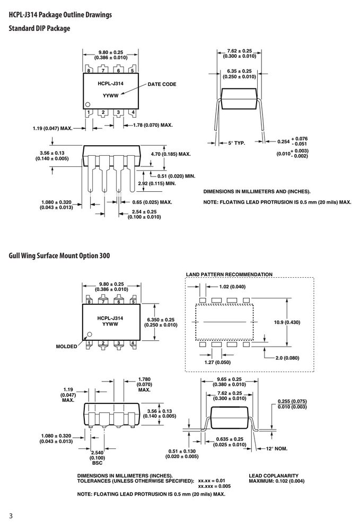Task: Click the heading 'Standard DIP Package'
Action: coord(40,29)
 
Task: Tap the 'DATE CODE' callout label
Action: coord(162,84)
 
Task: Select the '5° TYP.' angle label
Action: coord(236,143)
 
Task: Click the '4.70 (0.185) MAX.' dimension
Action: coord(171,154)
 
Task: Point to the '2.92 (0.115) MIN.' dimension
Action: coord(157,183)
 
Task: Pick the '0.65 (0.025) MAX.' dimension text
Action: coord(152,202)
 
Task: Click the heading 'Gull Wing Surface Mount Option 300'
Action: coord(59,255)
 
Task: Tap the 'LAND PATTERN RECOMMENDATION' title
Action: coord(229,275)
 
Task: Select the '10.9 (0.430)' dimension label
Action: coord(287,322)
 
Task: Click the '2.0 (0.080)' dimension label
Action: coord(287,358)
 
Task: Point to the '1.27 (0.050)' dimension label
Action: coord(217,363)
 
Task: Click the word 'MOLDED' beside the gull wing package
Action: coord(67,346)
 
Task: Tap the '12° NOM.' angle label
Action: coord(277,448)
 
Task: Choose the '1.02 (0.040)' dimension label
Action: coord(232,287)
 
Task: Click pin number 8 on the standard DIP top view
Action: coord(89,70)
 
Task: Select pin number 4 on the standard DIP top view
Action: coord(133,112)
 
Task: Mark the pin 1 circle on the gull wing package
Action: coord(90,334)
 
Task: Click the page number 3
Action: coord(11,516)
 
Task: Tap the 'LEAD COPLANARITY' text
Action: coord(274,475)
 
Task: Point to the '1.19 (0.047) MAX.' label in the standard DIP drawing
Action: coord(52,128)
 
